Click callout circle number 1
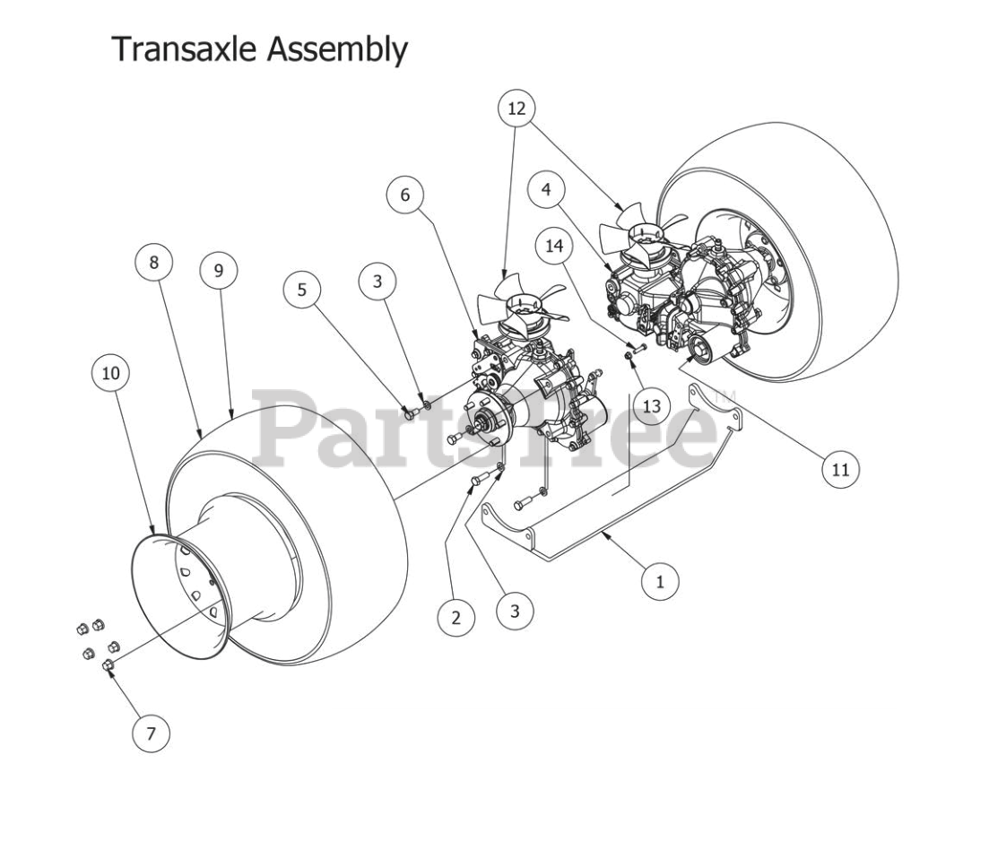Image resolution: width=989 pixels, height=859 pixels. click(661, 581)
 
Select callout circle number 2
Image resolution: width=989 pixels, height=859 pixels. click(456, 617)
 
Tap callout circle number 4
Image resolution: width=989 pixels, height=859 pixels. click(546, 190)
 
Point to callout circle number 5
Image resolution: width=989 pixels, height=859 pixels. click(302, 290)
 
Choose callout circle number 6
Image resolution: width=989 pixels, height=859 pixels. click(405, 195)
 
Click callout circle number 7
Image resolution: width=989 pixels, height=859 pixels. click(151, 733)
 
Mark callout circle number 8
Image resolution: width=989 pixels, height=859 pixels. click(153, 263)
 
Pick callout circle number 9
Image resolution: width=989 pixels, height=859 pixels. click(219, 270)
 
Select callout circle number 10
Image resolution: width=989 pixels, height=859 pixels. click(110, 372)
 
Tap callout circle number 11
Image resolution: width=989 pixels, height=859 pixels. click(841, 468)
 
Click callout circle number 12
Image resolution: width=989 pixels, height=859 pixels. click(516, 108)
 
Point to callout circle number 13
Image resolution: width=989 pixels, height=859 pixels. click(651, 406)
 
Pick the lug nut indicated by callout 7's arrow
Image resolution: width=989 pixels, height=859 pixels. click(107, 665)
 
